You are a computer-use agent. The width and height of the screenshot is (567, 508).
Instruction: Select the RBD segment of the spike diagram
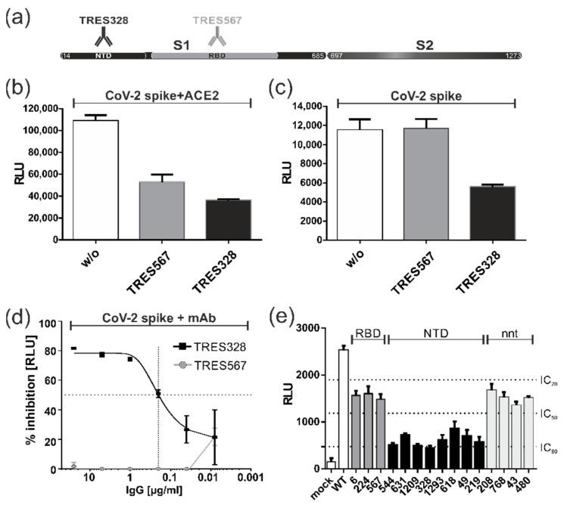pyautogui.click(x=215, y=56)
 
